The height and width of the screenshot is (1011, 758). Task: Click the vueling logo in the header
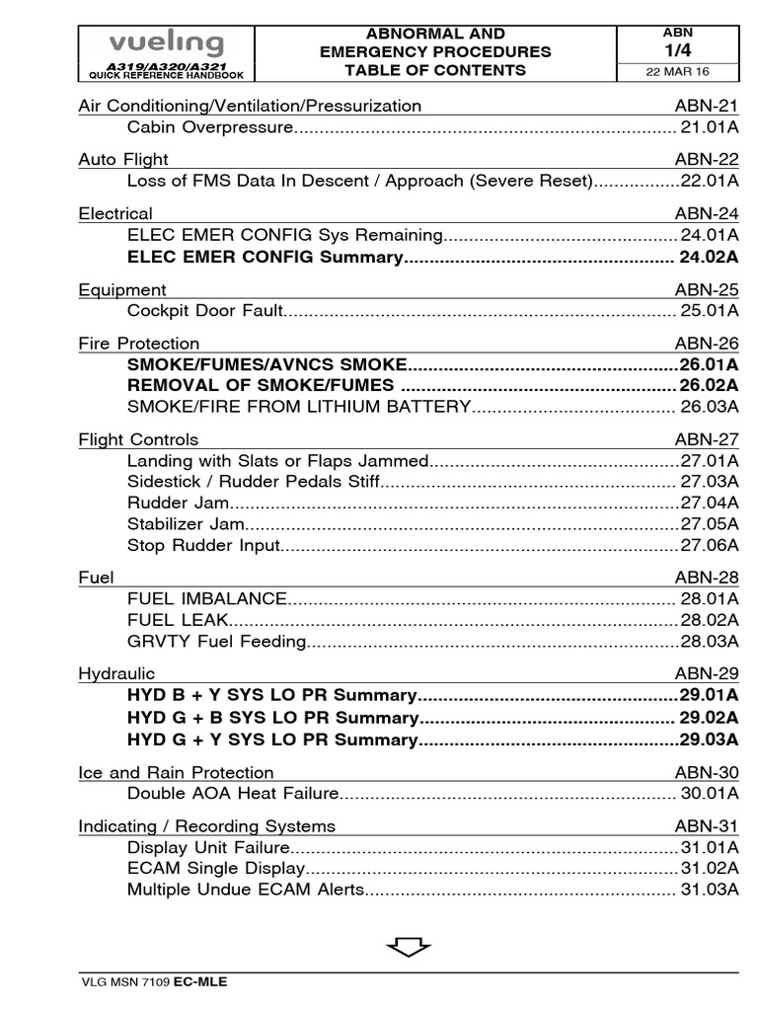[166, 44]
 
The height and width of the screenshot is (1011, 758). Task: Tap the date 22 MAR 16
[676, 72]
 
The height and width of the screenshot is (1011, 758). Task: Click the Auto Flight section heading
[123, 159]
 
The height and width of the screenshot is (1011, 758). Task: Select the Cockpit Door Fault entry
[205, 311]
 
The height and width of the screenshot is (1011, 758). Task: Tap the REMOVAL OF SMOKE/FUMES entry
[261, 385]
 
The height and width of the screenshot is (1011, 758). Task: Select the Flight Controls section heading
[138, 439]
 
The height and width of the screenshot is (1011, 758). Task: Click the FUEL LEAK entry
[178, 620]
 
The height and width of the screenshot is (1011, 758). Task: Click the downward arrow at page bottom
[409, 947]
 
